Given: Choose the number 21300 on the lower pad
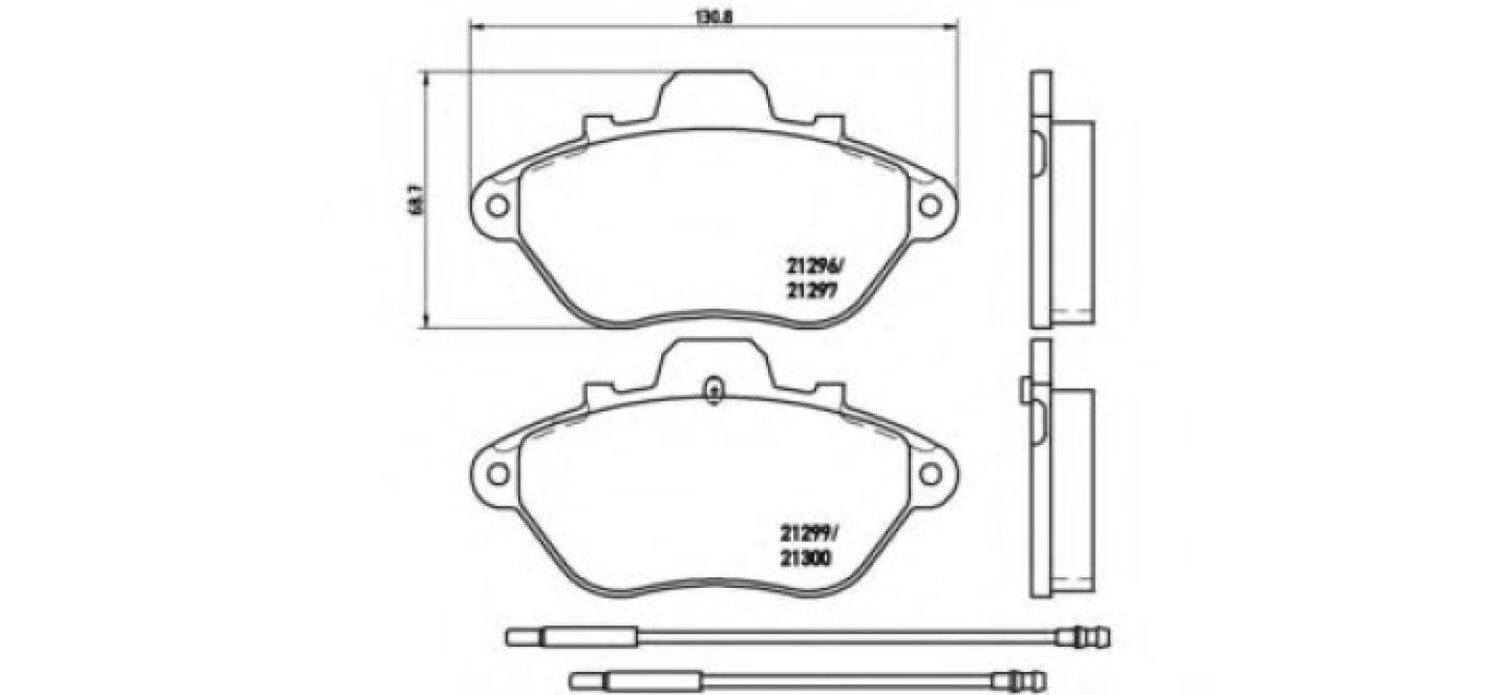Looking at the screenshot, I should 808,557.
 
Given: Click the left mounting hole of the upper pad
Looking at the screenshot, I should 497,206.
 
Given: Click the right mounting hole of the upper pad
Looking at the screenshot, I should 929,206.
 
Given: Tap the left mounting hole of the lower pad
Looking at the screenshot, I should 497,473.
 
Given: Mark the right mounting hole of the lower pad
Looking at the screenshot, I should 929,473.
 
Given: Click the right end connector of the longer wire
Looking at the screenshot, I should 1085,637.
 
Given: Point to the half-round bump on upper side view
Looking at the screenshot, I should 1038,149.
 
